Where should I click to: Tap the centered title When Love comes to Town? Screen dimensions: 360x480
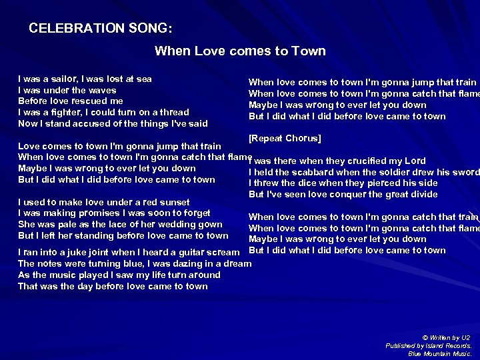pyautogui.click(x=240, y=51)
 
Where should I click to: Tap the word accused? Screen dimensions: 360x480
pyautogui.click(x=95, y=123)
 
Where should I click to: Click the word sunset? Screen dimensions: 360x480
pyautogui.click(x=172, y=202)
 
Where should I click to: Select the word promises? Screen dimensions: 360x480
pyautogui.click(x=83, y=213)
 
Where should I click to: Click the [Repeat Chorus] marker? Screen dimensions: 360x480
pyautogui.click(x=285, y=139)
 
